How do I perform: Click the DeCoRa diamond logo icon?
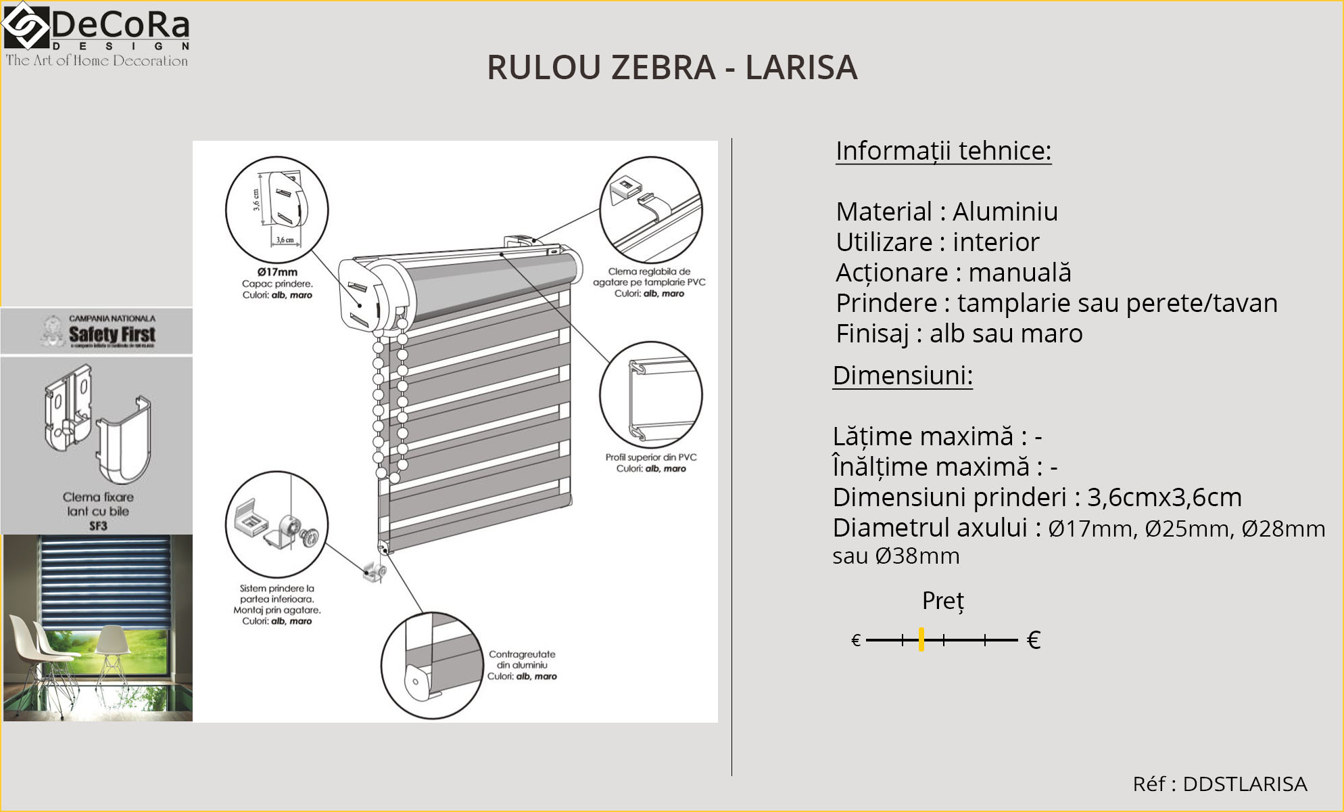26,26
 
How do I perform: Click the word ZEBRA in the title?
663,68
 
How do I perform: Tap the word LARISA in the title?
801,68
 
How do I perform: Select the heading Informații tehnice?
943,151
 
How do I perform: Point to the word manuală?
1019,273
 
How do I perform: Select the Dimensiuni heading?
903,376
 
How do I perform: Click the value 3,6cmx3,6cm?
1163,497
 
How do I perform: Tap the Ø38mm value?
917,556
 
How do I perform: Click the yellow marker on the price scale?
921,639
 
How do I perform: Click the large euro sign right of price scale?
1033,640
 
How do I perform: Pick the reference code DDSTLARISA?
1245,784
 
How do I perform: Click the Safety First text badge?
112,334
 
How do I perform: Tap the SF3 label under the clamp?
98,526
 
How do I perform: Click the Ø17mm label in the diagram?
277,272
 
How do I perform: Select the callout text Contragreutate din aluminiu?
522,660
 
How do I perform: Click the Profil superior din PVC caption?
650,457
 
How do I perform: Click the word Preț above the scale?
943,601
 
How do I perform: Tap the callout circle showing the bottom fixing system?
277,525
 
